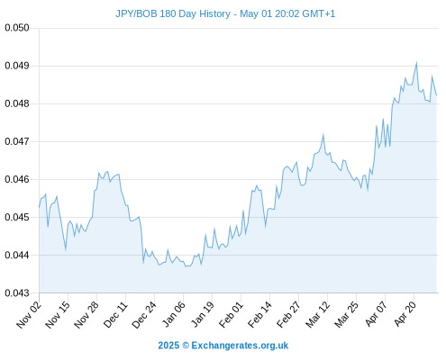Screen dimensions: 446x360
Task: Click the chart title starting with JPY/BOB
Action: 225,13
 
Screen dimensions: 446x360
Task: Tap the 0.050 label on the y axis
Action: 17,28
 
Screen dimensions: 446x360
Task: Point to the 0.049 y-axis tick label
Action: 17,66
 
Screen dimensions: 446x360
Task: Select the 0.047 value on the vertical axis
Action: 17,141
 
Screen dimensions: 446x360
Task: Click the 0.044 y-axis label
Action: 17,255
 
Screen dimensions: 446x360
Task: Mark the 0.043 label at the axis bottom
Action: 17,292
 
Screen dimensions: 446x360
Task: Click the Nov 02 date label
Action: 28,315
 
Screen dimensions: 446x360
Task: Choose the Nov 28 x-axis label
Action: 86,315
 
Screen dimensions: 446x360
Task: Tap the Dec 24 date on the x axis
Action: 144,315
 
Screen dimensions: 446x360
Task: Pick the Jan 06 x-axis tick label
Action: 173,315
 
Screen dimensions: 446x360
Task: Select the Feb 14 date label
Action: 259,315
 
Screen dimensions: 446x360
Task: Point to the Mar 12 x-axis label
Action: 317,315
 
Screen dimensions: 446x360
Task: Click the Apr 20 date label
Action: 405,315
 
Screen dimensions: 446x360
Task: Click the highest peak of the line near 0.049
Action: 416,63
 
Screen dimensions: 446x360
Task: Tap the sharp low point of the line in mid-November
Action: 66,249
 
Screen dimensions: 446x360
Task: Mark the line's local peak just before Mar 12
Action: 323,135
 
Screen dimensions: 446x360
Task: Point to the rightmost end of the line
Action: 436,95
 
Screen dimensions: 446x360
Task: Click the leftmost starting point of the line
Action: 39,207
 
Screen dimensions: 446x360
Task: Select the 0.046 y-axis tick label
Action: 17,179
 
